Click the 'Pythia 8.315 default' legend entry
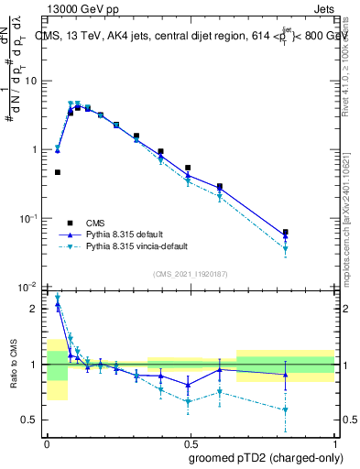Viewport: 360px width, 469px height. (128, 234)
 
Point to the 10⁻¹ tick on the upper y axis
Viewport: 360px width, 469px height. (29, 218)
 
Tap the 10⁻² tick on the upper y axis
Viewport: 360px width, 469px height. (29, 287)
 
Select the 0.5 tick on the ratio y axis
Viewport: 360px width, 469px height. (32, 420)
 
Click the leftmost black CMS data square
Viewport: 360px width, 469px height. (57, 172)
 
